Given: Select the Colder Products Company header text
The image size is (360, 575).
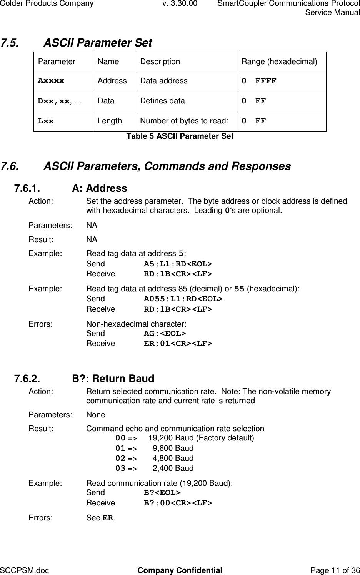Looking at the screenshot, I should coord(47,4).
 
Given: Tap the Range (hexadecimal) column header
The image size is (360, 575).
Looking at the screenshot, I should coord(279,61).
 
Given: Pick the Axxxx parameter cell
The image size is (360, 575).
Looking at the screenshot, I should coord(51,81).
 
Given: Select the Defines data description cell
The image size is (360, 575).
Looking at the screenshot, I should coord(162,101).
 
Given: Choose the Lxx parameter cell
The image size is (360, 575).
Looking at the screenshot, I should coord(46,121).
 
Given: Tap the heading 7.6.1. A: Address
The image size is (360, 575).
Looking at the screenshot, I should coord(70,188).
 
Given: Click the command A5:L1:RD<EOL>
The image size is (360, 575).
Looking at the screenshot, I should coord(178,264).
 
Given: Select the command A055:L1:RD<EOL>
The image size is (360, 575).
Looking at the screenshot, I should coord(183,299).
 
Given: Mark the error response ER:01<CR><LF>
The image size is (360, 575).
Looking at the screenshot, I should coord(178,344).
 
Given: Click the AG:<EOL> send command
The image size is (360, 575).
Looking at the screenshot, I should coord(165,334).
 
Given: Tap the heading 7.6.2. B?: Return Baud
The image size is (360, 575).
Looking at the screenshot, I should coord(84,379).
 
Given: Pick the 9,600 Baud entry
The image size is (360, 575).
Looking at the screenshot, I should coord(173,448).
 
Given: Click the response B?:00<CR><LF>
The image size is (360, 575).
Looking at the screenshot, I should coord(178,503).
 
